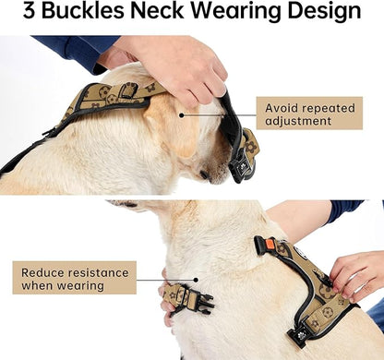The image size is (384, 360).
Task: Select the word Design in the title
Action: tap(323, 14)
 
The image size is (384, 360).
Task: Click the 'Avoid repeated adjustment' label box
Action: tap(307, 114)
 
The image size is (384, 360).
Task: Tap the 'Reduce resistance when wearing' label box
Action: tap(74, 276)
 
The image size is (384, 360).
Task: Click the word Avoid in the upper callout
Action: tap(280, 106)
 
